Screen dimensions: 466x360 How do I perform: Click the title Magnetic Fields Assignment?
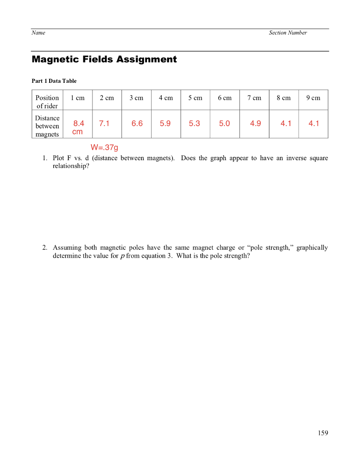[104, 60]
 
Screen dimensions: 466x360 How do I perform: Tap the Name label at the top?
[38, 33]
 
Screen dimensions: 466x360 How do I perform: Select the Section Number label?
[288, 33]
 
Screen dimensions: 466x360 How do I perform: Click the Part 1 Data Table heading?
[54, 81]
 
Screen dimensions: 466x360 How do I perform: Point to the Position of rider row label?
[47, 102]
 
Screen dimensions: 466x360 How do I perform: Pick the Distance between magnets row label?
[47, 126]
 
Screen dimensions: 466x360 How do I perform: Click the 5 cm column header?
[195, 98]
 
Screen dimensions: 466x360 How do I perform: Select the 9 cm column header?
[313, 98]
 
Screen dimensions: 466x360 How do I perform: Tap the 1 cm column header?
[77, 98]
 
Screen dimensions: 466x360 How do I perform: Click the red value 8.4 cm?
[79, 127]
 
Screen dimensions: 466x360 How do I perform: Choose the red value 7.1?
[104, 123]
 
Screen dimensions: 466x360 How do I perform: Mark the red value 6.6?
[137, 123]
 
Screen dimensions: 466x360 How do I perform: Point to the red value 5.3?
[194, 123]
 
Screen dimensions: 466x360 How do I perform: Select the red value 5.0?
[224, 123]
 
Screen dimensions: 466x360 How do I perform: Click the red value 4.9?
[256, 123]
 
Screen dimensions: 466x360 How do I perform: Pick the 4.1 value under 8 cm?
[286, 123]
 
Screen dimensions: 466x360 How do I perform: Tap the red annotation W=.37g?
[104, 147]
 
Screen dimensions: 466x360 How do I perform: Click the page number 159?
[323, 433]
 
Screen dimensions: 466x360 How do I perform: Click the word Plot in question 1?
[59, 158]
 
